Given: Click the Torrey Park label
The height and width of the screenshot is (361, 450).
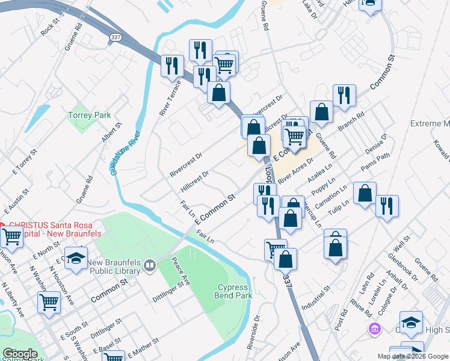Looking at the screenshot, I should pyautogui.click(x=89, y=114).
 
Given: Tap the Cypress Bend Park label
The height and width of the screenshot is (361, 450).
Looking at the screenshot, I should pyautogui.click(x=234, y=291).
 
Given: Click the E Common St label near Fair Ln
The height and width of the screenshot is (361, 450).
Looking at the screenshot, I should pyautogui.click(x=214, y=210).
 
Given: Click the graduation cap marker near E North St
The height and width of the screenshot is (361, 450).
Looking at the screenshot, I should pyautogui.click(x=75, y=257).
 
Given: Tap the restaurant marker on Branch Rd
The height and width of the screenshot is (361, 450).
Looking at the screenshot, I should pyautogui.click(x=344, y=95).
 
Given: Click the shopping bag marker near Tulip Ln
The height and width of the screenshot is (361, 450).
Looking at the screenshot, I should pyautogui.click(x=365, y=193).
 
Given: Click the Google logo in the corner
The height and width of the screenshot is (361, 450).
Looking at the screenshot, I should pyautogui.click(x=19, y=354).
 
